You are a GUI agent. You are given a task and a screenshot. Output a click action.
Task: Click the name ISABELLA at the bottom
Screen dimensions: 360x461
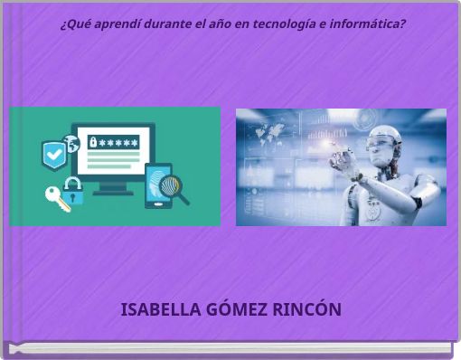(x=161, y=309)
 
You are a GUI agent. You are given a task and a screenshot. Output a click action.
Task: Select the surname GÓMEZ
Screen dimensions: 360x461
(x=237, y=309)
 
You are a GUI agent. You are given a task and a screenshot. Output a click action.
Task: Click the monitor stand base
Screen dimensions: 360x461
(x=113, y=191)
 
